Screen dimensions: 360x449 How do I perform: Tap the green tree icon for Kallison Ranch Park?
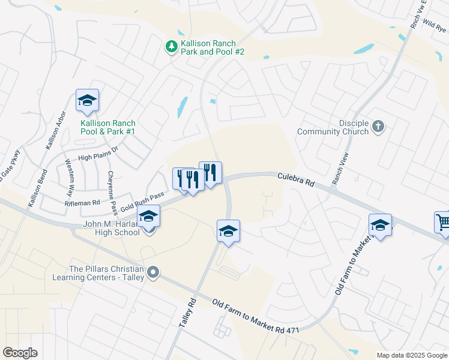[x=172, y=46]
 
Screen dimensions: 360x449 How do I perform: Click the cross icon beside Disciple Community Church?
[x=378, y=126]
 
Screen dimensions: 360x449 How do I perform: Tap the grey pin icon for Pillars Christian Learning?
[x=153, y=273]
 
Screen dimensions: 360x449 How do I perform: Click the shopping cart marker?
[x=443, y=222]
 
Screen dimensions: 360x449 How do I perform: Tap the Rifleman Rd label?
[x=82, y=203]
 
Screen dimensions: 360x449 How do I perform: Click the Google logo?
[x=20, y=353]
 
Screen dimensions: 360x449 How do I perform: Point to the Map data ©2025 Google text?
[x=412, y=355]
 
